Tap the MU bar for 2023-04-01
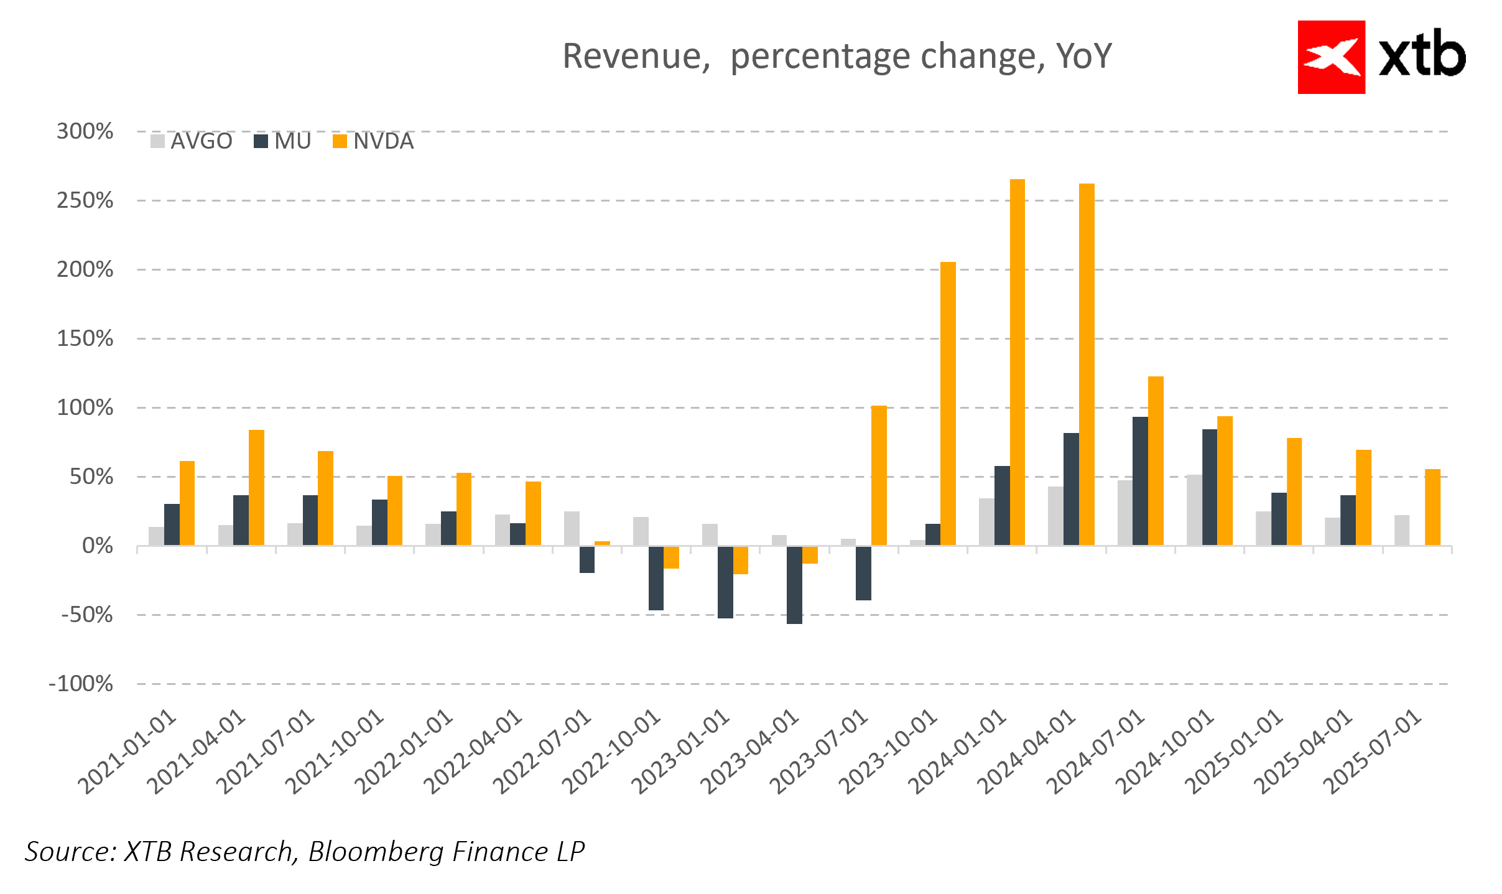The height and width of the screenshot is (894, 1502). coord(794,585)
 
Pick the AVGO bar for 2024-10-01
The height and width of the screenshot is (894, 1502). coord(1194,510)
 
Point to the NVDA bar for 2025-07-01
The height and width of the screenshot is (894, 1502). coord(1432,507)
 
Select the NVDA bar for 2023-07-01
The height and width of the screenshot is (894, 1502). coord(879,475)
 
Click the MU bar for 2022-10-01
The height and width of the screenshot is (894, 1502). coord(656,578)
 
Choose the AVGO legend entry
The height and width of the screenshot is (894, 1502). coord(192,141)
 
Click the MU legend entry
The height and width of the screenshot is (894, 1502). coord(283,141)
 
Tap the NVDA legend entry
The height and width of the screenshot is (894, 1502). coord(374,141)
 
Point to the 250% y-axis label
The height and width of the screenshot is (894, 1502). coord(85,200)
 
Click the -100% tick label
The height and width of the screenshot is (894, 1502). coord(81,684)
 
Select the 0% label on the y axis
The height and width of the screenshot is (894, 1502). coord(98,546)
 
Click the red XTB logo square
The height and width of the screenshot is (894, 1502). coord(1331,57)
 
